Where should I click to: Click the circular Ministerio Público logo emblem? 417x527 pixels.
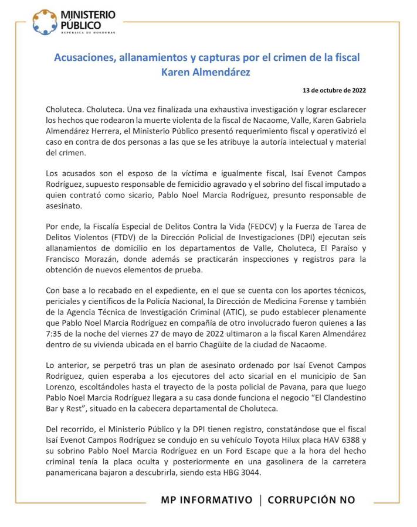pyautogui.click(x=45, y=22)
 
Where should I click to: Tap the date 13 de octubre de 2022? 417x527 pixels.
pyautogui.click(x=334, y=91)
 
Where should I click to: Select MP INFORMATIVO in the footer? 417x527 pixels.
pyautogui.click(x=206, y=500)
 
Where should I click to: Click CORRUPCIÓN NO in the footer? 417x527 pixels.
pyautogui.click(x=312, y=500)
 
